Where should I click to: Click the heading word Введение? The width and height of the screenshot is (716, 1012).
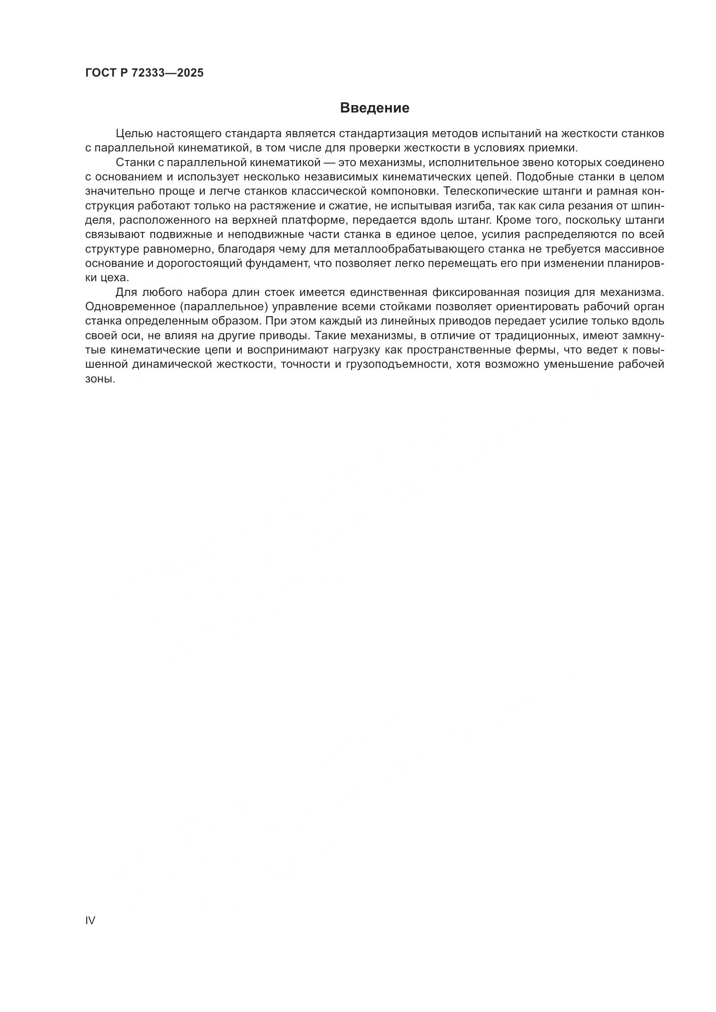click(x=374, y=108)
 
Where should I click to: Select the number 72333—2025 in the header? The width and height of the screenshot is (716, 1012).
click(x=168, y=73)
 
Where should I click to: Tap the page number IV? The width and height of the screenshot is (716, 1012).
click(x=90, y=920)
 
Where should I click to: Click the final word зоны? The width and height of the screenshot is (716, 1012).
click(x=100, y=379)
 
